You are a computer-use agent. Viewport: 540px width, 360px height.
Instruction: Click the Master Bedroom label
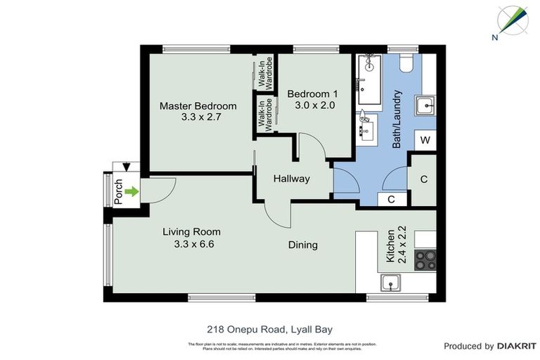(198, 106)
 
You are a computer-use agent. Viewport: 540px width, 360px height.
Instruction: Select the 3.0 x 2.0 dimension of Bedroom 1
(311, 105)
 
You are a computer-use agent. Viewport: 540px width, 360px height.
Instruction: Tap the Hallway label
(291, 179)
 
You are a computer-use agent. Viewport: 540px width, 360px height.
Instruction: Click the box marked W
(425, 140)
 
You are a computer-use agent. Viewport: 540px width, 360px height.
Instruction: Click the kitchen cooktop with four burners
(425, 261)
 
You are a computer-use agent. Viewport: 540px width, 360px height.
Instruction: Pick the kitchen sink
(392, 283)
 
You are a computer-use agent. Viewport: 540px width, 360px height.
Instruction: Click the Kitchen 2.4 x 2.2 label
(397, 245)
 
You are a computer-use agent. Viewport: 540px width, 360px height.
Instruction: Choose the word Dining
(302, 245)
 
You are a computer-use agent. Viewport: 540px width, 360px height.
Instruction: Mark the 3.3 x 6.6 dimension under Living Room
(193, 244)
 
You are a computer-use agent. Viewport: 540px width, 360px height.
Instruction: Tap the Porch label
(118, 191)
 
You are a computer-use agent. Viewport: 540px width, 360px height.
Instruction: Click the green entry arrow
(132, 191)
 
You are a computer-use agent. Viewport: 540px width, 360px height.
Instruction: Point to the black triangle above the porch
(126, 167)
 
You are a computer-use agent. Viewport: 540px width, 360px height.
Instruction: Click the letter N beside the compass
(496, 37)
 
